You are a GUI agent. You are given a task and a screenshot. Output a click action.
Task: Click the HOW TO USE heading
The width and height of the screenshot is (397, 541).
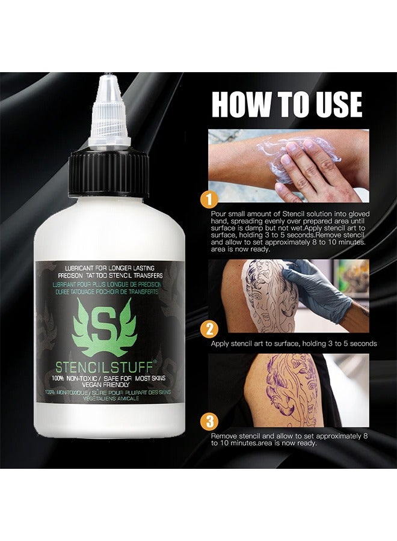tap(287, 104)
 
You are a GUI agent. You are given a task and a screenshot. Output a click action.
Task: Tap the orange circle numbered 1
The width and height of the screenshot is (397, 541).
tap(209, 200)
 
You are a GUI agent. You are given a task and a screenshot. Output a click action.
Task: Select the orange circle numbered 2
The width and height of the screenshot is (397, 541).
tap(209, 329)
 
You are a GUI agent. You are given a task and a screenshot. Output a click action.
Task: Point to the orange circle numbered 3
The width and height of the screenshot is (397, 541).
tap(209, 421)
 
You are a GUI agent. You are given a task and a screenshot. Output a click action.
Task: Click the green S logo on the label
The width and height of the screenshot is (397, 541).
tap(104, 328)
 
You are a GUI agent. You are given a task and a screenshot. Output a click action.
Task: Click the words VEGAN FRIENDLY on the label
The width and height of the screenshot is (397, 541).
tap(106, 384)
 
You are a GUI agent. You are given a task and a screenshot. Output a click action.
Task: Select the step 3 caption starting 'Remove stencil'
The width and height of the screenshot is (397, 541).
tap(289, 439)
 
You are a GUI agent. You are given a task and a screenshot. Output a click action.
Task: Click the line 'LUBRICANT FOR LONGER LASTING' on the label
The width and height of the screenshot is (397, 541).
tap(110, 267)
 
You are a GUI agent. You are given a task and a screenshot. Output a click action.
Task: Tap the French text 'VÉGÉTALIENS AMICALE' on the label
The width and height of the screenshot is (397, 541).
tap(109, 398)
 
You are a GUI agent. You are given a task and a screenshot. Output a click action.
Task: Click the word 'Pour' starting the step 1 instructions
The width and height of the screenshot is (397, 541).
tap(218, 214)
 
